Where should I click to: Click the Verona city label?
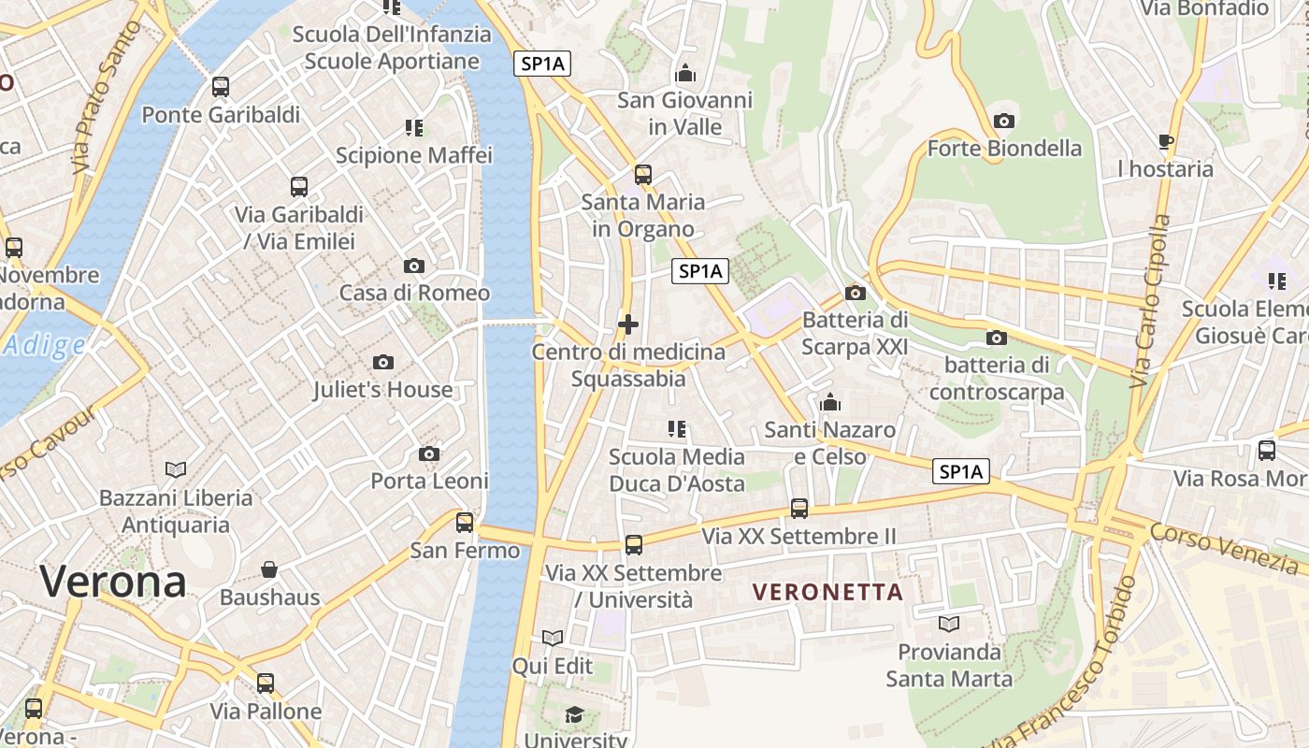(x=113, y=582)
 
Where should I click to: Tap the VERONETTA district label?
(x=827, y=592)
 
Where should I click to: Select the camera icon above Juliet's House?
(x=382, y=362)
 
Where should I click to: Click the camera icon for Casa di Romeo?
(x=413, y=266)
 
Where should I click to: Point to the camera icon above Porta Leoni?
(x=429, y=453)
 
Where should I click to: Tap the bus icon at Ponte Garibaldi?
(x=221, y=87)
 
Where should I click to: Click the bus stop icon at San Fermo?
(x=465, y=523)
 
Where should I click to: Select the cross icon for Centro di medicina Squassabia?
(x=628, y=324)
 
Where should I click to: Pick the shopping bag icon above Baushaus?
(x=269, y=568)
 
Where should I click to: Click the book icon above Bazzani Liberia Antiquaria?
(x=176, y=468)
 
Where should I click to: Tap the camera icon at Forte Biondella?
(x=1004, y=121)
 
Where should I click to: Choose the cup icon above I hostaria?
(x=1165, y=142)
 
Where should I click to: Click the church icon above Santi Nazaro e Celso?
(x=829, y=403)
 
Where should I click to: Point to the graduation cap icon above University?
(x=574, y=715)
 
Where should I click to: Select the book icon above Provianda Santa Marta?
(x=949, y=623)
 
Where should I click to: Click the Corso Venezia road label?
(x=1225, y=547)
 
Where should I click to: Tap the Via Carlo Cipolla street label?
(x=1150, y=301)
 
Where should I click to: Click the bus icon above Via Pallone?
(x=266, y=683)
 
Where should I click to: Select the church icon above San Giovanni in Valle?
(x=685, y=73)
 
